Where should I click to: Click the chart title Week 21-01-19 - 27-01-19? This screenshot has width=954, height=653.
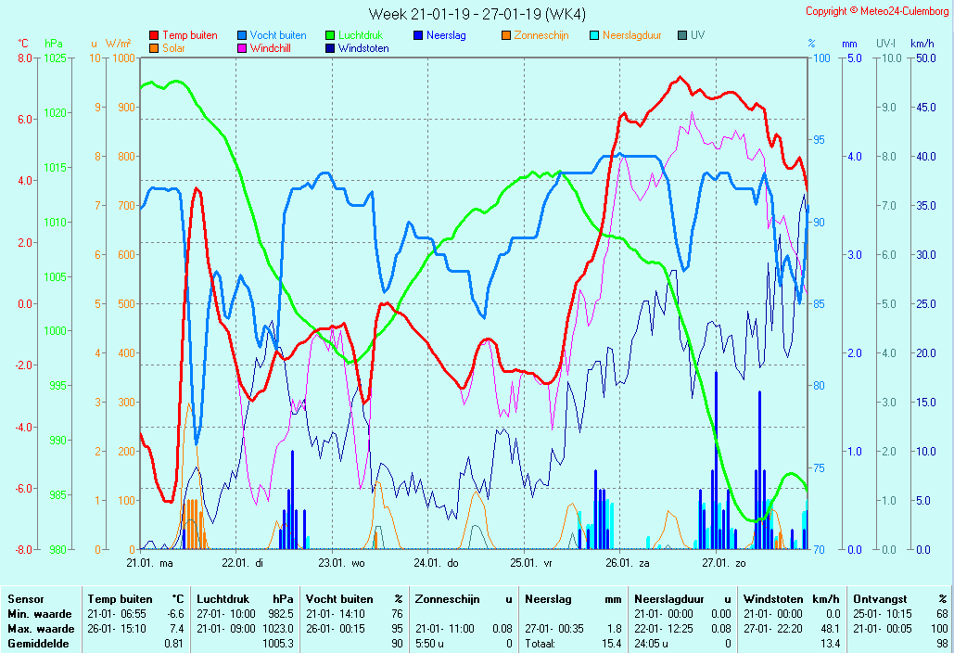(x=477, y=14)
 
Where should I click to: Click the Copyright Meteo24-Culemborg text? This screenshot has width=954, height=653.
(x=878, y=11)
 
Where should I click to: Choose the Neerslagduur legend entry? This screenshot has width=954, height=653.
(x=631, y=35)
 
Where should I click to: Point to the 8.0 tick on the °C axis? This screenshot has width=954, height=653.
(x=25, y=58)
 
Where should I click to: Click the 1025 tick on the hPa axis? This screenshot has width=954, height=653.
(x=55, y=58)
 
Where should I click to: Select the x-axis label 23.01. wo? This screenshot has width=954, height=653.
(x=343, y=562)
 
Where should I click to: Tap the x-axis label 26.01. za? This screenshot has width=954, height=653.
(x=628, y=562)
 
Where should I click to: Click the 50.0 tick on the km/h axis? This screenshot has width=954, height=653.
(x=922, y=58)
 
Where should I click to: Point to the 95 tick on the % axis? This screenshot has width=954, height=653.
(x=819, y=140)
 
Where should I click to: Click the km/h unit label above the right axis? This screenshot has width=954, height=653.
(x=922, y=44)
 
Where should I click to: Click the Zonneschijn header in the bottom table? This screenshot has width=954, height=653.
(x=446, y=599)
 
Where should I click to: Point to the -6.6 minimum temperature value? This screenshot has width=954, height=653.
(x=175, y=614)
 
